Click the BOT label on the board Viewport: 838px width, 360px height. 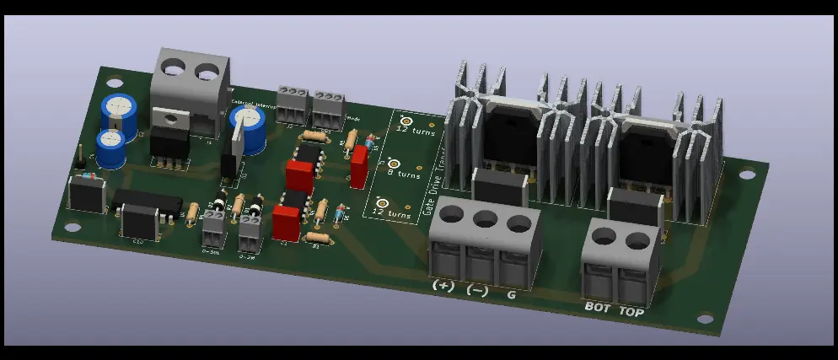(597, 307)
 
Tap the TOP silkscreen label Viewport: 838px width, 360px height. (631, 312)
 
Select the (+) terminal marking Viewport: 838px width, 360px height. (443, 286)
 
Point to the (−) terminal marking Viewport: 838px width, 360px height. (477, 291)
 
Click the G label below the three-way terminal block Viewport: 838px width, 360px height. (511, 296)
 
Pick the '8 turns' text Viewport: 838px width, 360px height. (402, 175)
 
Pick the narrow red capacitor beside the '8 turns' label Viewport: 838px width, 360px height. (360, 166)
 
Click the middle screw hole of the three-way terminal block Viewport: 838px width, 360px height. (484, 220)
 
